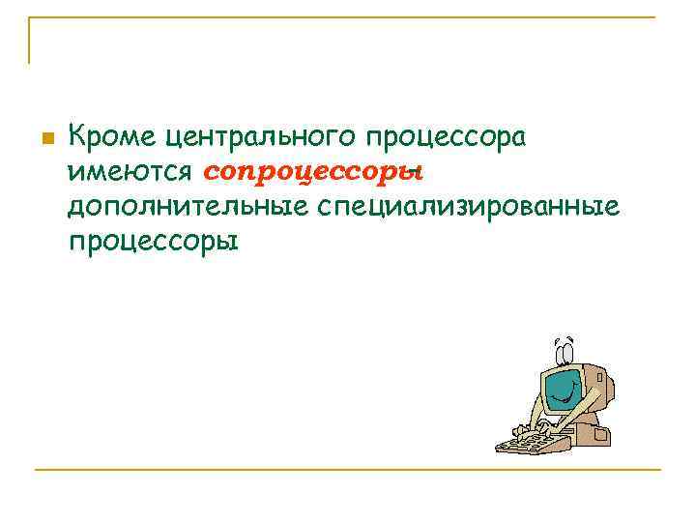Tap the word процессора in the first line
450,138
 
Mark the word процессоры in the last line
153,240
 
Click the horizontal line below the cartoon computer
348,470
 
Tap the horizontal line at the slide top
348,17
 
